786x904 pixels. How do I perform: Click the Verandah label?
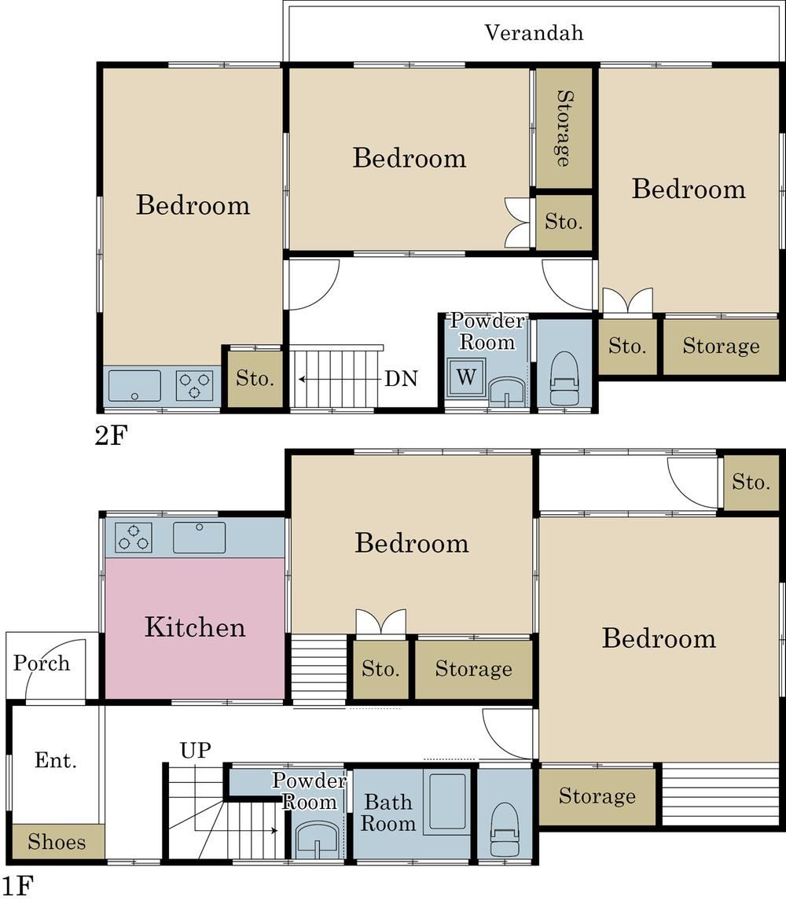coord(534,33)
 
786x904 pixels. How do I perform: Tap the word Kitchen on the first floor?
coord(195,627)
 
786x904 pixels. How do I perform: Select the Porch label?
coord(42,663)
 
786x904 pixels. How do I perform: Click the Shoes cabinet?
coord(57,842)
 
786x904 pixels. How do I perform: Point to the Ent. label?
coord(55,760)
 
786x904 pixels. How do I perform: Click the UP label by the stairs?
coord(196,750)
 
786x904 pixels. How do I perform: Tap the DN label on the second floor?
coord(402,379)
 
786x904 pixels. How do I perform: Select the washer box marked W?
coord(466,377)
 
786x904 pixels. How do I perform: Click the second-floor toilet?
coord(564,380)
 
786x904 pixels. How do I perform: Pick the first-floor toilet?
coord(505,829)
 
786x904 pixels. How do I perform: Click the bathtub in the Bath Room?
coord(447,803)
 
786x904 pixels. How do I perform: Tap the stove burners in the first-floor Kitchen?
coord(133,538)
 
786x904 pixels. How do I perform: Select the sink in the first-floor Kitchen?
coord(199,538)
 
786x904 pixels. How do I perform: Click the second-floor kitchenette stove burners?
coord(194,386)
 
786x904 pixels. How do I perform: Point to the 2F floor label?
coord(111,435)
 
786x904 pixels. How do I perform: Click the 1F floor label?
coord(17,886)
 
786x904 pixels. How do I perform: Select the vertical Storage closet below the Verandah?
coord(564,128)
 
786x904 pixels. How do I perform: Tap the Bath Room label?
coord(388,813)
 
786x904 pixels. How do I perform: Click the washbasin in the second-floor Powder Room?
coord(508,392)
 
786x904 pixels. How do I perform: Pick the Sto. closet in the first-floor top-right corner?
coord(751,482)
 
